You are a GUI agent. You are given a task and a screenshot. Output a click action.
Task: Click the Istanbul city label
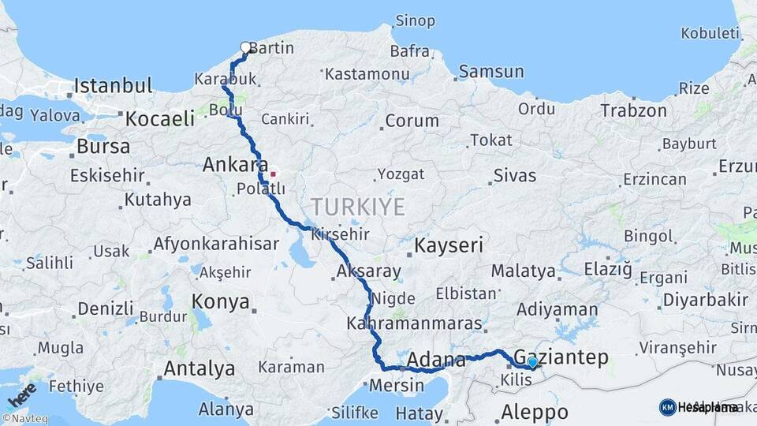113,85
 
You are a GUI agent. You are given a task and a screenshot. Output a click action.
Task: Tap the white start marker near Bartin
245,47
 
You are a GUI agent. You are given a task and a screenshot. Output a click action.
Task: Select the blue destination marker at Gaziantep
532,362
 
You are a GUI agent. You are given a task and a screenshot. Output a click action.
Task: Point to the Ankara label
236,165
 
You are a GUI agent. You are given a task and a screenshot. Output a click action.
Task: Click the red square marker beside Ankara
274,174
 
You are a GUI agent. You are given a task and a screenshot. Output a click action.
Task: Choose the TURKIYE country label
357,207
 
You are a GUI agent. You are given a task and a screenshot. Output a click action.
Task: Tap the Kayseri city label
448,245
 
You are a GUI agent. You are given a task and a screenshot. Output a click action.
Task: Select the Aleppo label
535,412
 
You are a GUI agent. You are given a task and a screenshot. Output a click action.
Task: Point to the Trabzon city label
633,110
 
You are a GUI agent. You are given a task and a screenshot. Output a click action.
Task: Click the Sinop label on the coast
415,20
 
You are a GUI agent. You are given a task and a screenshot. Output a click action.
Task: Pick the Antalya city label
199,368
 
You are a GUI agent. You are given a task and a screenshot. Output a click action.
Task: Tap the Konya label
221,301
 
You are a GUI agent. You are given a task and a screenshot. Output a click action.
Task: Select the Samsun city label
490,72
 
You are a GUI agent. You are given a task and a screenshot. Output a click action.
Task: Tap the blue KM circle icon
667,407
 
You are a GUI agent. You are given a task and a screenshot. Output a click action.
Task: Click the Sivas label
514,175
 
